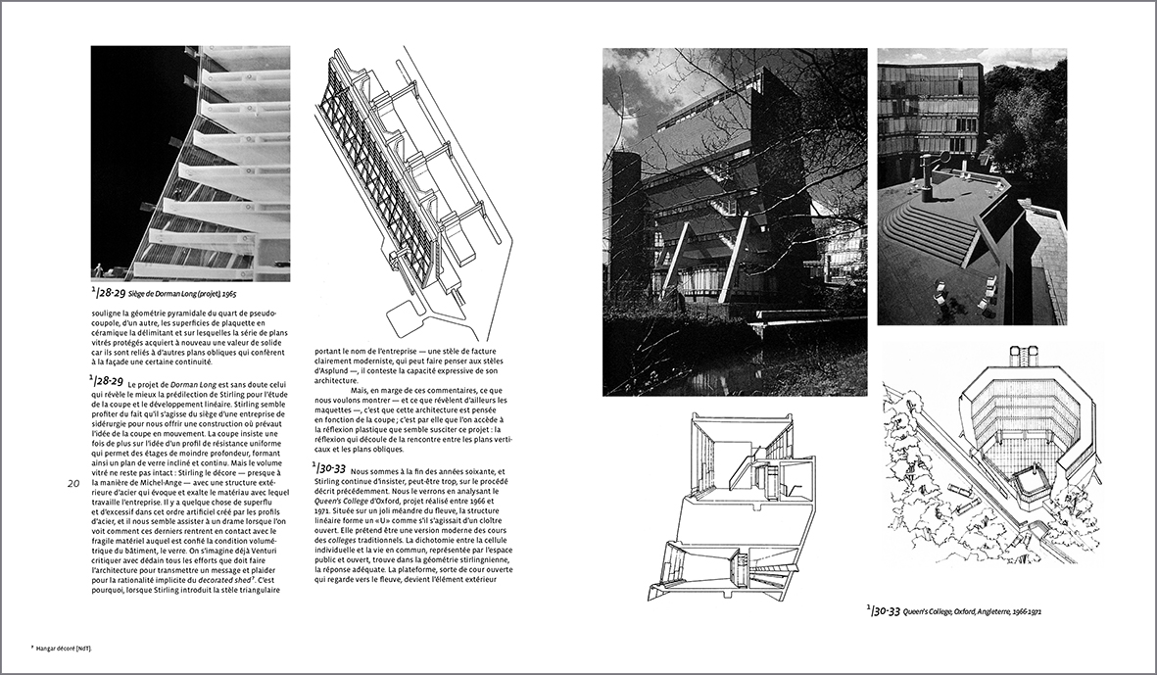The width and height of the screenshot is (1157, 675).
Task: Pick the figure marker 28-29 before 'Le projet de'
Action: point(106,380)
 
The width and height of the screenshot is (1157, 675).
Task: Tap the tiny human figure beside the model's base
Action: point(99,268)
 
